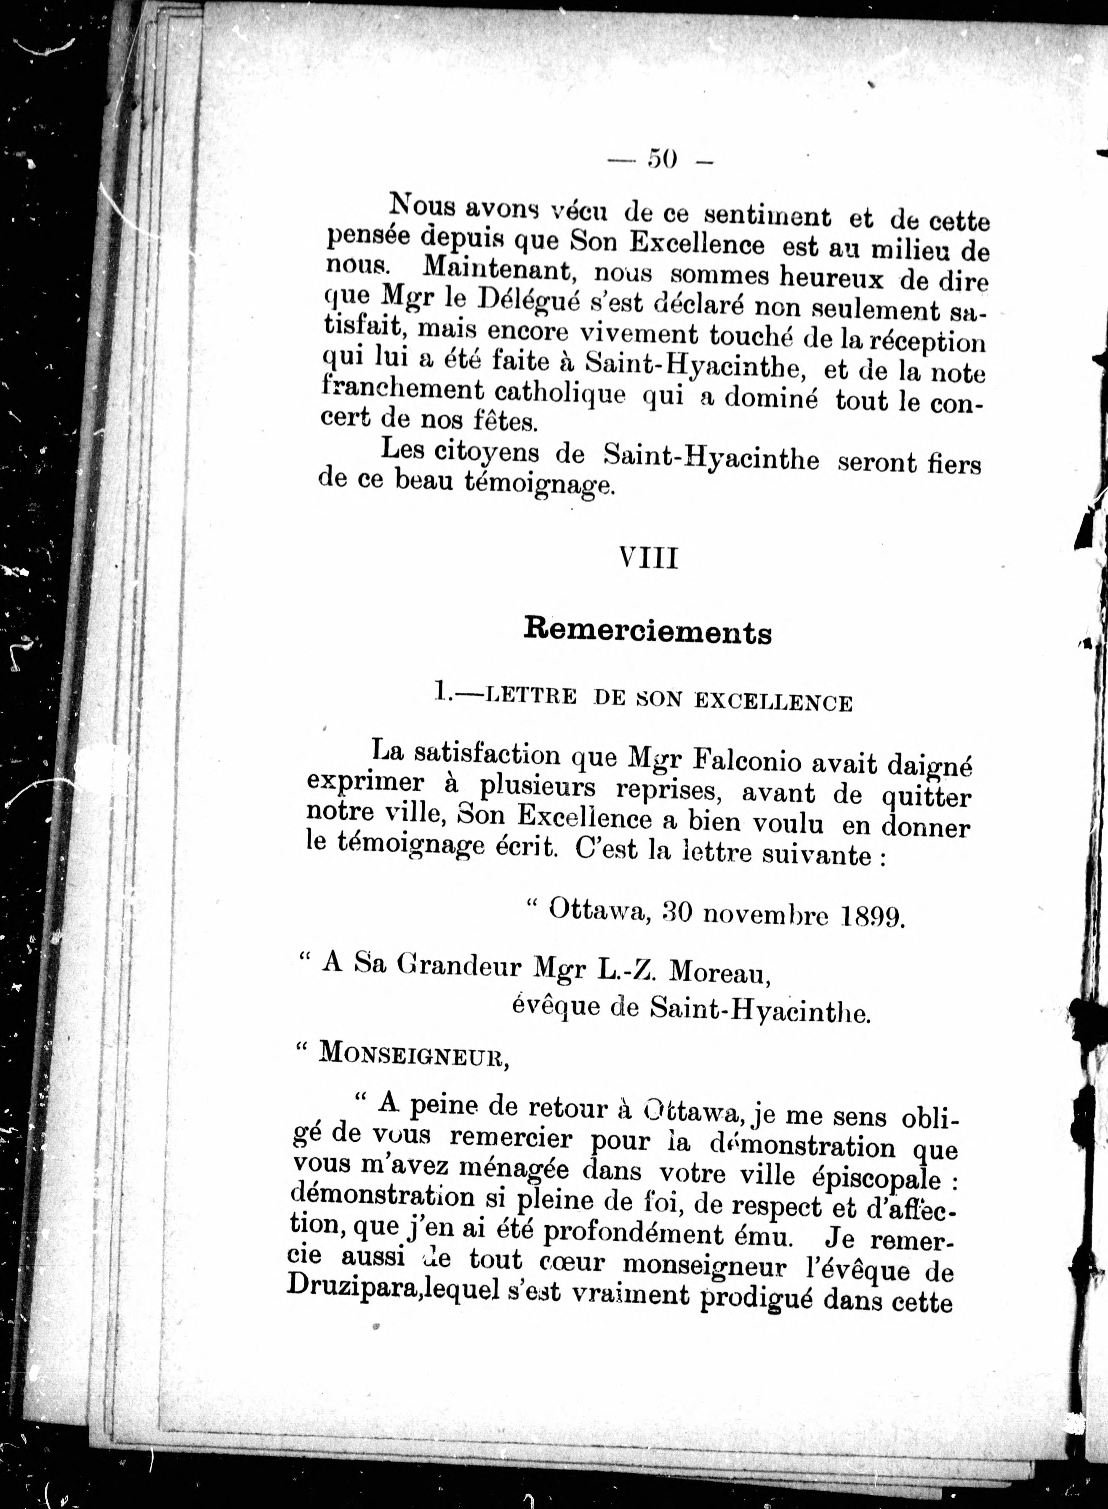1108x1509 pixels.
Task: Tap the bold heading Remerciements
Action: (x=647, y=632)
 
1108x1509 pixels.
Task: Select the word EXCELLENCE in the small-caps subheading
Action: (x=772, y=701)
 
